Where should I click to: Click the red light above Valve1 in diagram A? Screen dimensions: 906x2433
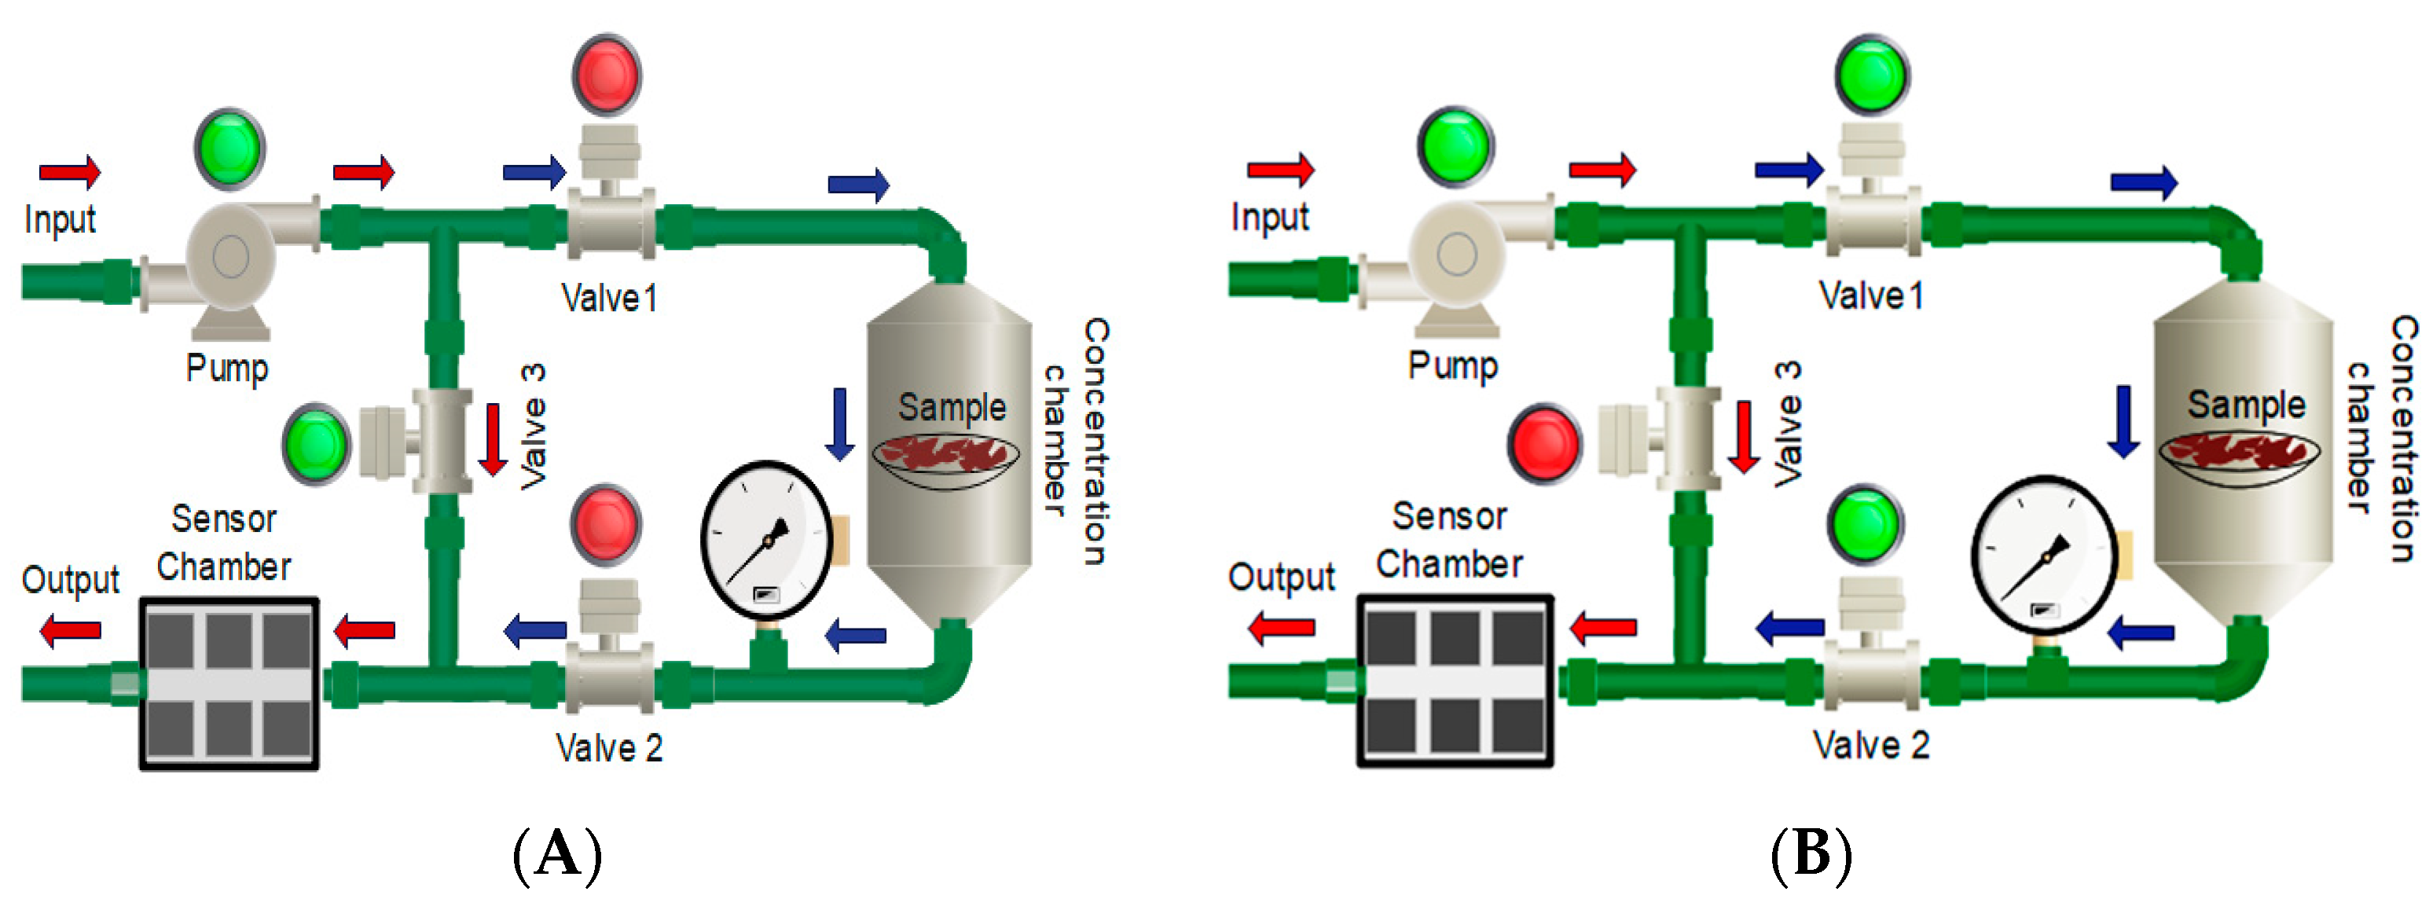tap(607, 75)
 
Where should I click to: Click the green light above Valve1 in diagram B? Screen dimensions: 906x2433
tap(1872, 75)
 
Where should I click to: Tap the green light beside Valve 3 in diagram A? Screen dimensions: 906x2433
tap(317, 444)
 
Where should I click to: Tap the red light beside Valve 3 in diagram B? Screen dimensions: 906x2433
tap(1544, 443)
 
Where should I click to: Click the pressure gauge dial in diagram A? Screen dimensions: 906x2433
tap(766, 541)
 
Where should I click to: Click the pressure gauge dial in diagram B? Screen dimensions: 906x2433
tap(2044, 555)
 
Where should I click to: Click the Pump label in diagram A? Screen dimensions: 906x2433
tap(226, 368)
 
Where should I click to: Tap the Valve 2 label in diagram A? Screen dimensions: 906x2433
tap(609, 748)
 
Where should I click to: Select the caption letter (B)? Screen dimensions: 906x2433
tap(1811, 853)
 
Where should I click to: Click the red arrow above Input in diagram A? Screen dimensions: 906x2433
tap(69, 172)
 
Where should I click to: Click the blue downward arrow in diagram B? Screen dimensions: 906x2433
tap(2123, 421)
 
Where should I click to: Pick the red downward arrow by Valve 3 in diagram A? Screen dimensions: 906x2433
tap(493, 439)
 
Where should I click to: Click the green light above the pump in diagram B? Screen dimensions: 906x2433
tap(1455, 146)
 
